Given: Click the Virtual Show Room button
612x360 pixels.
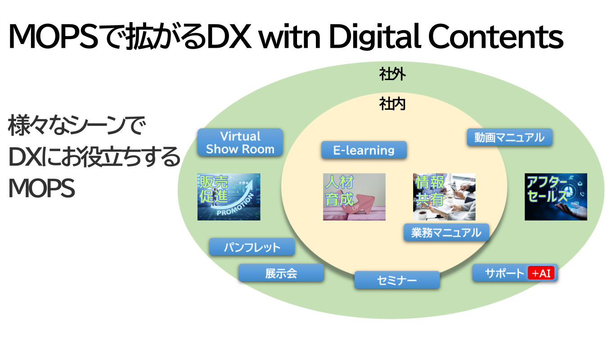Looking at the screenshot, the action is (240, 142).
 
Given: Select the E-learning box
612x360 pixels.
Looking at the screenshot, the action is (364, 150).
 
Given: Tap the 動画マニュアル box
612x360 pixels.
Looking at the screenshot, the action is (509, 137).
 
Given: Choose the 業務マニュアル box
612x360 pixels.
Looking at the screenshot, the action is (446, 233).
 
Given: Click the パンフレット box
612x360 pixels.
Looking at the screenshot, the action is (252, 247).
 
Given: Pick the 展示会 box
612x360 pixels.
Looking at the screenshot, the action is (281, 273).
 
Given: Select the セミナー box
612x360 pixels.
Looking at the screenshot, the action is (397, 280).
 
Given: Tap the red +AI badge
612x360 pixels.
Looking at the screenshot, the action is (541, 273).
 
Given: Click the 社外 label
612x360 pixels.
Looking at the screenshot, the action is (392, 74).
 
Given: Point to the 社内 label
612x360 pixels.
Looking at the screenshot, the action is (392, 104).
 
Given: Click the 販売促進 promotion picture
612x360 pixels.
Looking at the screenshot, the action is (229, 197).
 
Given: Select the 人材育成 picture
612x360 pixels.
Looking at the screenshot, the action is (354, 197).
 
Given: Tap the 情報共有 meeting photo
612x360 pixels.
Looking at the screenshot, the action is (444, 197).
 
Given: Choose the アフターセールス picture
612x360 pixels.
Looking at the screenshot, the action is (556, 197).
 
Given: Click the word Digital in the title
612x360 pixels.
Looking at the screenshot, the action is (375, 37).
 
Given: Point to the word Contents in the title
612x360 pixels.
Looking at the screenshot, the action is (495, 36).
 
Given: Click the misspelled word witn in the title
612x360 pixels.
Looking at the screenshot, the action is (290, 37).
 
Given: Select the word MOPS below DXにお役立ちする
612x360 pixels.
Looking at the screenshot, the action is (41, 188).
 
